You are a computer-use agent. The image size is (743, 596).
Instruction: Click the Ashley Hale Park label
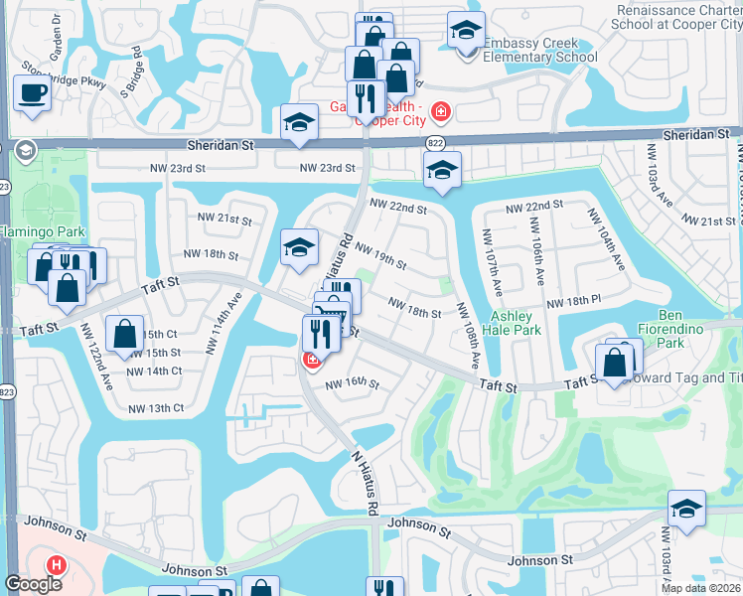pyautogui.click(x=514, y=323)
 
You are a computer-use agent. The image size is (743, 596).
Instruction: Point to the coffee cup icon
pyautogui.click(x=32, y=94)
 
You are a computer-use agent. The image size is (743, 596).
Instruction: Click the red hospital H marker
pyautogui.click(x=57, y=565)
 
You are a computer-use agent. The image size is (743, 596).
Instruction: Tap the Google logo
pyautogui.click(x=33, y=584)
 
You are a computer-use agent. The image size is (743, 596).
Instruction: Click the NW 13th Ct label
pyautogui.click(x=156, y=408)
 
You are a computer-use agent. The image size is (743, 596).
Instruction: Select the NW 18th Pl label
pyautogui.click(x=568, y=301)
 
